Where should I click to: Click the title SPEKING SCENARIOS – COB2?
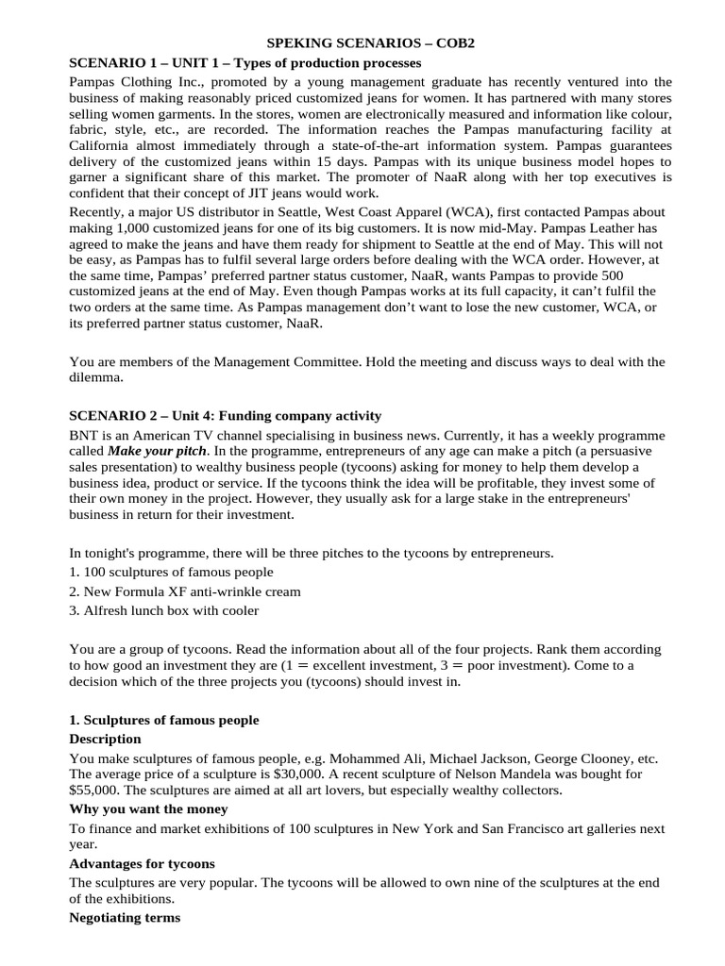tap(362, 44)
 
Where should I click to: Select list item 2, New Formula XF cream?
tap(186, 591)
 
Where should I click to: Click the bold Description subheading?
tap(106, 739)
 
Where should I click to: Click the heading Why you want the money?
tap(148, 809)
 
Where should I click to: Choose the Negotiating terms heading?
tap(126, 917)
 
